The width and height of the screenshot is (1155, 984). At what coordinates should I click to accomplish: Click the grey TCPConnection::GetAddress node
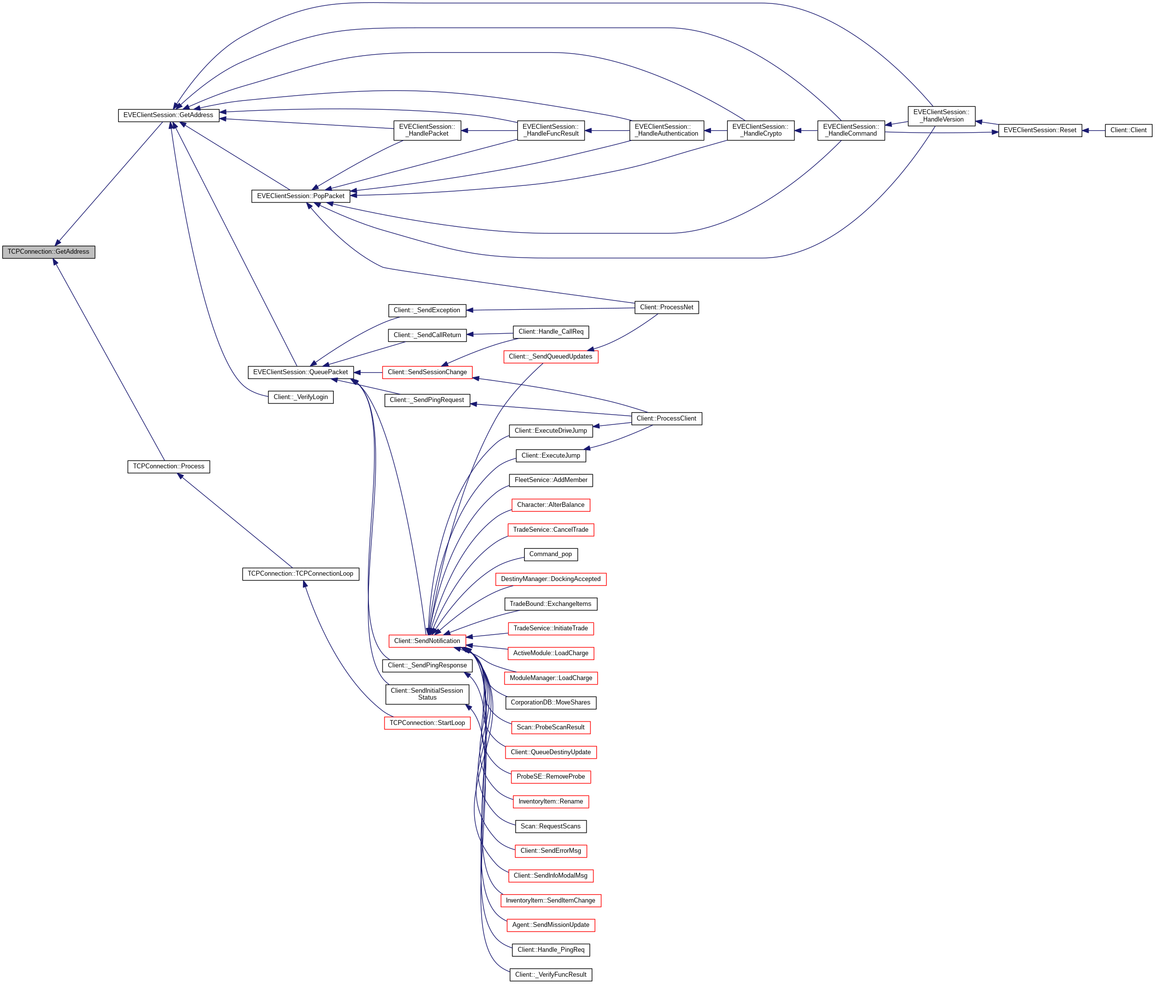tap(48, 252)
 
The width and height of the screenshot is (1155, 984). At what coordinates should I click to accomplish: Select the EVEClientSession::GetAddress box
tap(168, 115)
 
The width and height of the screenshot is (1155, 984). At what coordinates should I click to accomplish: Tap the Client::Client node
tap(1128, 130)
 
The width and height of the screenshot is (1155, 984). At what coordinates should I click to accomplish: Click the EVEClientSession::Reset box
tap(1040, 130)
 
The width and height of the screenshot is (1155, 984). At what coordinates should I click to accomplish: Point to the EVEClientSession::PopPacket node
tap(301, 196)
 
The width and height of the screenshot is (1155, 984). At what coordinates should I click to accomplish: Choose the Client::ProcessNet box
tap(666, 307)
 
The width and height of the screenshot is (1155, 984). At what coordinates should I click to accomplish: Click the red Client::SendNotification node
tap(427, 641)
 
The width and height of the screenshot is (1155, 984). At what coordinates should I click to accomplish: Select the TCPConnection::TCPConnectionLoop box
tap(301, 573)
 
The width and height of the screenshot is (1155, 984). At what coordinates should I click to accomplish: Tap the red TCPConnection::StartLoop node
tap(427, 723)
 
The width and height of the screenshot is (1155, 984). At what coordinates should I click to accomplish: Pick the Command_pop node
tap(550, 554)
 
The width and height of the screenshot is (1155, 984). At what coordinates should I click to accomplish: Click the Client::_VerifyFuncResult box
tap(550, 975)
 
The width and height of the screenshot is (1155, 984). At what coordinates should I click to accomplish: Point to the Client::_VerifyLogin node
tap(301, 397)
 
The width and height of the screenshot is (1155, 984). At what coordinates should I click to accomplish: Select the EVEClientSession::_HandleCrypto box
tap(760, 130)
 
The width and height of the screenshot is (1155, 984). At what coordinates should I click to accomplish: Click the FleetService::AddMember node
tap(550, 481)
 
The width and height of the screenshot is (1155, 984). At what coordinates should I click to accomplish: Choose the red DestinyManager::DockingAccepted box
tap(550, 579)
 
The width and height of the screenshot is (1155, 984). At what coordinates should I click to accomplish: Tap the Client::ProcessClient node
tap(666, 419)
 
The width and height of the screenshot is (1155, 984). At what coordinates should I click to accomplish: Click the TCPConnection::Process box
tap(168, 466)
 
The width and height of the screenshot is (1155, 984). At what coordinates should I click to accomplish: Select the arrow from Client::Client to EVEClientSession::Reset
tap(1093, 130)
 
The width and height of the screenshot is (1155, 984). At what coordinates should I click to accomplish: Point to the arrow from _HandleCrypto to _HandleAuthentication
tap(715, 130)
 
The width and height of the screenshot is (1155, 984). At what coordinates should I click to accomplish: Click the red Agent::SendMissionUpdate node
tap(550, 925)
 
